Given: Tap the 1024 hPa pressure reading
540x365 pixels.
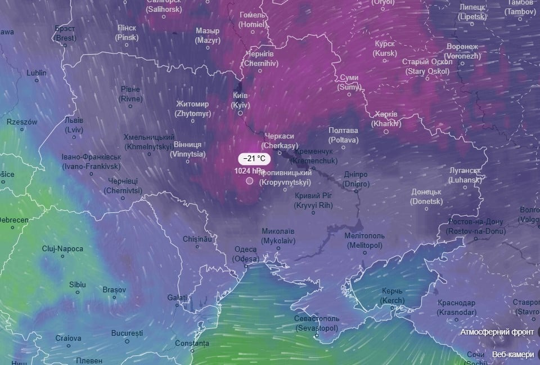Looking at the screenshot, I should tap(250, 170).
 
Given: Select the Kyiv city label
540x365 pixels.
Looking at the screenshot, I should tap(240, 100).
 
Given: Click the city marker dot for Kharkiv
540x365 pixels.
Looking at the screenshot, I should tap(386, 131).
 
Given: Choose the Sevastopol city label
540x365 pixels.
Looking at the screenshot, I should tap(317, 323).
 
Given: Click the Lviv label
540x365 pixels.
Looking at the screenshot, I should tap(74, 124).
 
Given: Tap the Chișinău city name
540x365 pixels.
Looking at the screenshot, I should tap(197, 239).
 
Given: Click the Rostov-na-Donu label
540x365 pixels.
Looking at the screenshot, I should tap(476, 226).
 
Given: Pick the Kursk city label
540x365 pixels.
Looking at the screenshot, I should tap(385, 48).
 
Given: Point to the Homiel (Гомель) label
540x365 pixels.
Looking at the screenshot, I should tap(253, 20).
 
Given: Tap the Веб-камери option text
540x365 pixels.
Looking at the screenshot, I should tap(512, 354).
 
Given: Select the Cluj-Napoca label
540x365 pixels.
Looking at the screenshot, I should tap(62, 248).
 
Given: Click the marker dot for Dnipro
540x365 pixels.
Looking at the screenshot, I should tap(356, 191).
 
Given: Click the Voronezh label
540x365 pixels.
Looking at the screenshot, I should tap(462, 51).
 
